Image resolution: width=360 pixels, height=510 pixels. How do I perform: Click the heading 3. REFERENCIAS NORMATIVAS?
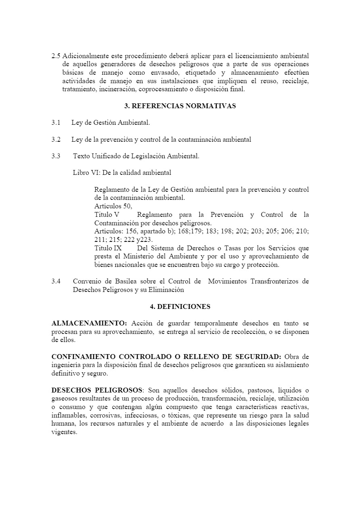[180, 106]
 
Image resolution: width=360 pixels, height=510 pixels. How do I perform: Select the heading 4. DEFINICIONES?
[180, 306]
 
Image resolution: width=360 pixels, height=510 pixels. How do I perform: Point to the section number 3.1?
[56, 122]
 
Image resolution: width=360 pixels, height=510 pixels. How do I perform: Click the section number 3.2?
[56, 139]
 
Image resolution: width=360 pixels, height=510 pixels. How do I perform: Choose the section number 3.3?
[56, 156]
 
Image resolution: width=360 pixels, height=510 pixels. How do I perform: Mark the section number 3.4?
[56, 281]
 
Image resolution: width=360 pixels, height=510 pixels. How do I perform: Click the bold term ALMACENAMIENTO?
[89, 323]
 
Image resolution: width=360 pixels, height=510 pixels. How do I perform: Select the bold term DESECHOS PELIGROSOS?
[97, 390]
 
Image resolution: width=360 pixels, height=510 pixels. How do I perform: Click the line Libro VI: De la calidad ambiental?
[122, 173]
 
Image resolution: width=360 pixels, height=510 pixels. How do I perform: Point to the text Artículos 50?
[113, 206]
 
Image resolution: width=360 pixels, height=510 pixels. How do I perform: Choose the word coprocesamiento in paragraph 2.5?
[167, 90]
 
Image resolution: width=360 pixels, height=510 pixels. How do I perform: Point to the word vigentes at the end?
[64, 432]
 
